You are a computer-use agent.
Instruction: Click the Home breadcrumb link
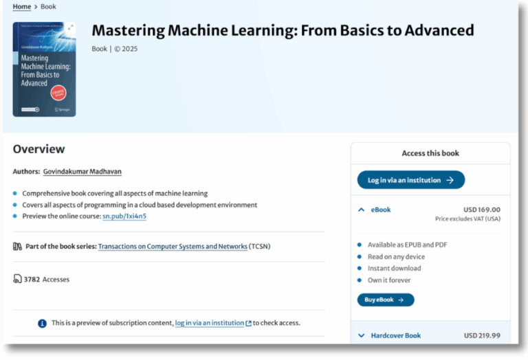[x=22, y=7]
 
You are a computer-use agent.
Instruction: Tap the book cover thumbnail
[x=44, y=69]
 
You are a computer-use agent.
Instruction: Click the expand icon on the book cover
[x=71, y=27]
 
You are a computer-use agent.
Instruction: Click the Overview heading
[x=38, y=149]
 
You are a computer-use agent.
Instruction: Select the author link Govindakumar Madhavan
[x=82, y=172]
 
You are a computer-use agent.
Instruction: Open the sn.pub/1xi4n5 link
[x=124, y=216]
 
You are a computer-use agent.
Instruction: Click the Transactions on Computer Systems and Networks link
[x=173, y=246]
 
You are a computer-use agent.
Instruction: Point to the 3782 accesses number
[x=32, y=280]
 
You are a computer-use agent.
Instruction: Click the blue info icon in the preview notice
[x=43, y=323]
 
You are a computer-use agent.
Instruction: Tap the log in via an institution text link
[x=210, y=323]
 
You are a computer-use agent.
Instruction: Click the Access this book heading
[x=430, y=153]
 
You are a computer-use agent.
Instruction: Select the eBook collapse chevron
[x=362, y=210]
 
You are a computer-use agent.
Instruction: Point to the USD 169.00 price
[x=482, y=210]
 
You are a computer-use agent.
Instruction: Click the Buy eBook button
[x=385, y=300]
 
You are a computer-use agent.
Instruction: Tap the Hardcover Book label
[x=395, y=335]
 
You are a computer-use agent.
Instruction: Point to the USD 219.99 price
[x=482, y=335]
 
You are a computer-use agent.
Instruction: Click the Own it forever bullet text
[x=390, y=280]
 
